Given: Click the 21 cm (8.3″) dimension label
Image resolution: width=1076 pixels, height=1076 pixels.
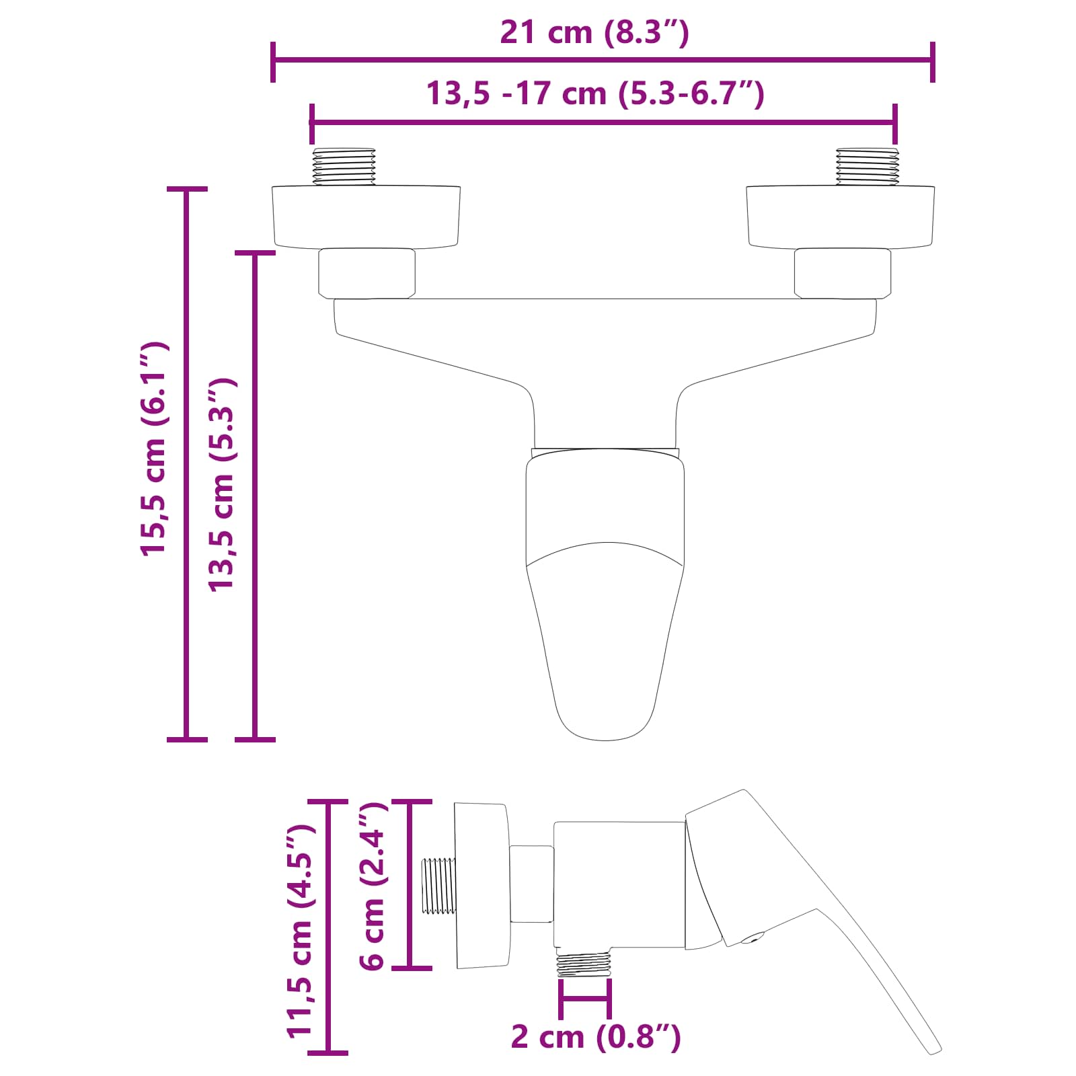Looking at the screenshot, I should click(594, 32).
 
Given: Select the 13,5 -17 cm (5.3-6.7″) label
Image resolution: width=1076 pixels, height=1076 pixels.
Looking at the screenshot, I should click(594, 93).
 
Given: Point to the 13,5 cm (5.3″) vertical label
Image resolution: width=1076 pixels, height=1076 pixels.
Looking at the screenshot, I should click(221, 484).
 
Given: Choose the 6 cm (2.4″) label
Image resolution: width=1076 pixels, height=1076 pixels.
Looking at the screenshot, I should click(373, 886).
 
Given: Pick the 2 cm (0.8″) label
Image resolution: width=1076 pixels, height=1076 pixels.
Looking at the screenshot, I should click(596, 1036).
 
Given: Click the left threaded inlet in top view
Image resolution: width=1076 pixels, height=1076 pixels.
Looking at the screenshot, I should click(344, 166).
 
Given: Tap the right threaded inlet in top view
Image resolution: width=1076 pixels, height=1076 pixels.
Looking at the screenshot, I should click(867, 166).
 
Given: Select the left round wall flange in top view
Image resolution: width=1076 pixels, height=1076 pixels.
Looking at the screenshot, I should click(366, 217).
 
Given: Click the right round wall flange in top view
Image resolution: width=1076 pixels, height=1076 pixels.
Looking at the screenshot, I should click(840, 217).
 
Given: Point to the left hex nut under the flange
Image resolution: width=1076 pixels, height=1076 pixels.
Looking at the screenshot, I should click(367, 273).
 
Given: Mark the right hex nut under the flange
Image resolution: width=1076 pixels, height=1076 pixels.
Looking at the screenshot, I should click(842, 273).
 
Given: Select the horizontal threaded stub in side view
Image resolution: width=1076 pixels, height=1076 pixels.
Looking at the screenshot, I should click(438, 886).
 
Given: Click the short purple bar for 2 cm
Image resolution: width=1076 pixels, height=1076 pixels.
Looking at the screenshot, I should click(585, 999).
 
